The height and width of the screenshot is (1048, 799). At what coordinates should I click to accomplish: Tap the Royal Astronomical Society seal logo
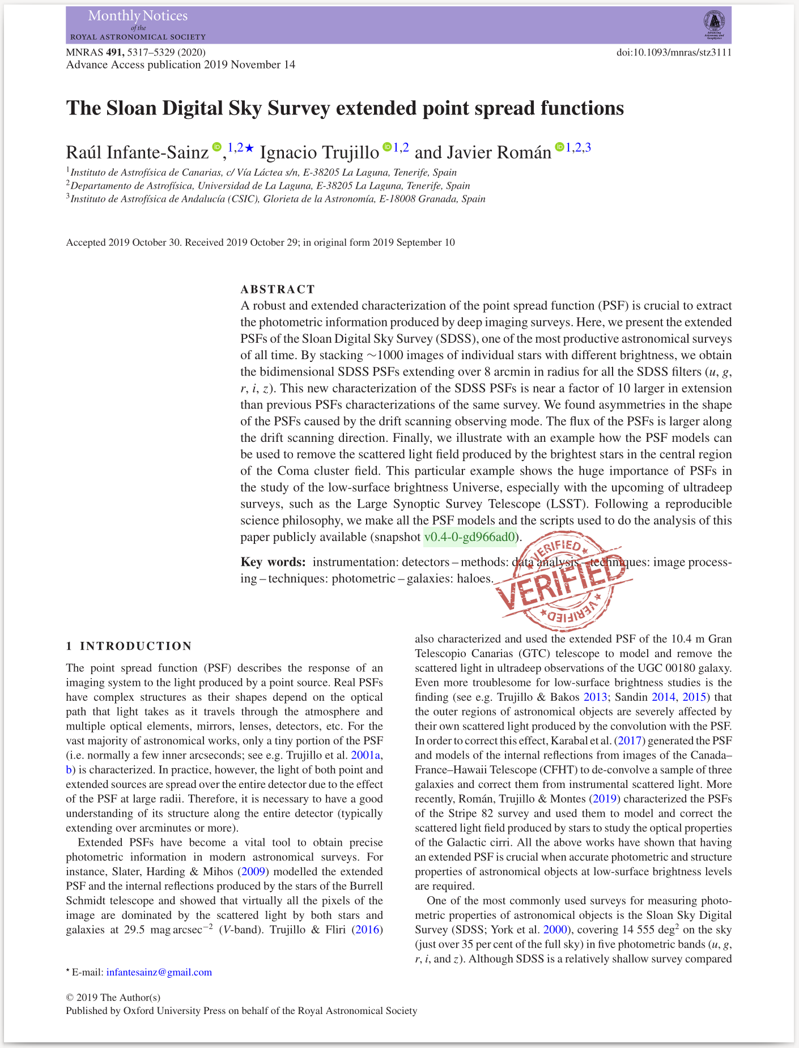714,24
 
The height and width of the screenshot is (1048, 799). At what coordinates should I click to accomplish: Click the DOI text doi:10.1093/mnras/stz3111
674,53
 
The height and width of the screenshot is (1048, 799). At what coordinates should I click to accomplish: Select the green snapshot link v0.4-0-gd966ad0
470,537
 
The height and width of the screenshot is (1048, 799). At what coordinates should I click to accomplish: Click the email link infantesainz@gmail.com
159,972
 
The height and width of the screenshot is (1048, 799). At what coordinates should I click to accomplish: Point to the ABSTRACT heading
278,289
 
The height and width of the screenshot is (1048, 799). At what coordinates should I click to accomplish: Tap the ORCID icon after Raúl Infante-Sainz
216,147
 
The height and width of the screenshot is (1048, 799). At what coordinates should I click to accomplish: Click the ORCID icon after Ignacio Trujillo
388,147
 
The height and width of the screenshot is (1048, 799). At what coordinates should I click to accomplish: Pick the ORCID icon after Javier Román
559,147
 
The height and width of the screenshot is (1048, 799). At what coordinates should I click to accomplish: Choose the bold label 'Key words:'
273,562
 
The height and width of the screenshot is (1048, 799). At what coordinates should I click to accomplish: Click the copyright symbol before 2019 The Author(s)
70,998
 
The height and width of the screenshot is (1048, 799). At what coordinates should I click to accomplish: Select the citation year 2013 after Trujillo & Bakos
595,697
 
